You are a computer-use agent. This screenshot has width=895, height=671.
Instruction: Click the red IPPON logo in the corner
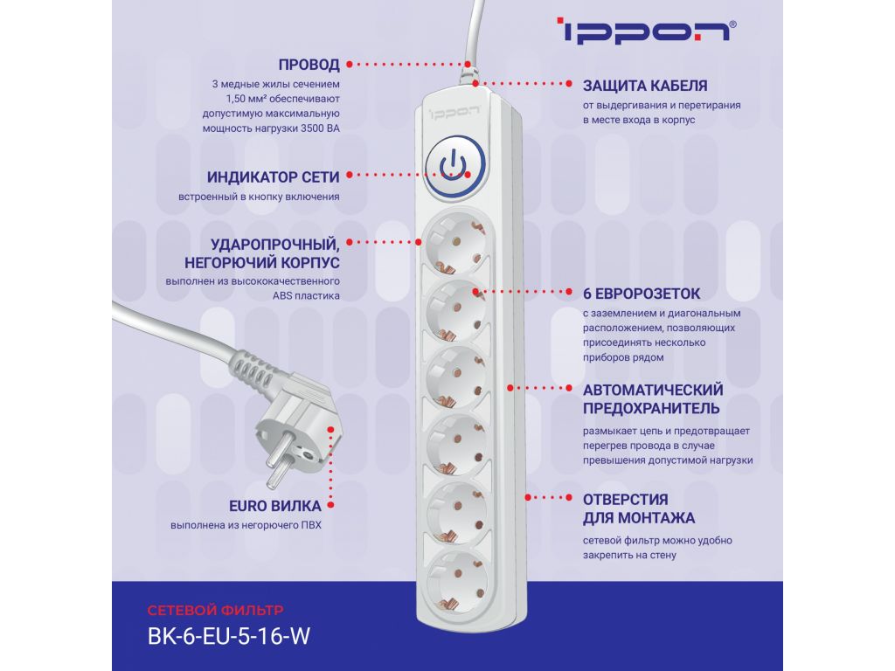646,31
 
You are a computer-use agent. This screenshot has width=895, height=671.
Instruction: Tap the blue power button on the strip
454,166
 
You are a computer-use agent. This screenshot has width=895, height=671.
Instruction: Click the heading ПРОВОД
309,65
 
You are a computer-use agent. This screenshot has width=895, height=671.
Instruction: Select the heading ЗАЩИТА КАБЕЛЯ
645,86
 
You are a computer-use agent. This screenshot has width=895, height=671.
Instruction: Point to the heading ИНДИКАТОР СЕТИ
273,177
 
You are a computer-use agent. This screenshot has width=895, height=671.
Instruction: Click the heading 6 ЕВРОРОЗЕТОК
641,294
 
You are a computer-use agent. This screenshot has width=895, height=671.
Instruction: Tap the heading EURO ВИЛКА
275,506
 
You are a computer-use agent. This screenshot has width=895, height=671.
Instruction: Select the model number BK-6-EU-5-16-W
228,636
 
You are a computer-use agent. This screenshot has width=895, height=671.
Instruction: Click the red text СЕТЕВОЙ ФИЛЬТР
215,611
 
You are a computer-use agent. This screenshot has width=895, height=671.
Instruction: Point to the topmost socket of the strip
454,242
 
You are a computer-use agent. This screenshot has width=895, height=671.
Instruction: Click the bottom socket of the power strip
456,581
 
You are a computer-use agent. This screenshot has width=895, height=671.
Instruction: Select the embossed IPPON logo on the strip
454,112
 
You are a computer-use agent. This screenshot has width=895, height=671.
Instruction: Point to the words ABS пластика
306,296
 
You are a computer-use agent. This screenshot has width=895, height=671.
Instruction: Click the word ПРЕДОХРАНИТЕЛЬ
651,409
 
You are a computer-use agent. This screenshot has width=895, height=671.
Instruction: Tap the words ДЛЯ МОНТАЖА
639,518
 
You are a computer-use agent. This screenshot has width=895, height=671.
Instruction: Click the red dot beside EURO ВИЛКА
330,505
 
